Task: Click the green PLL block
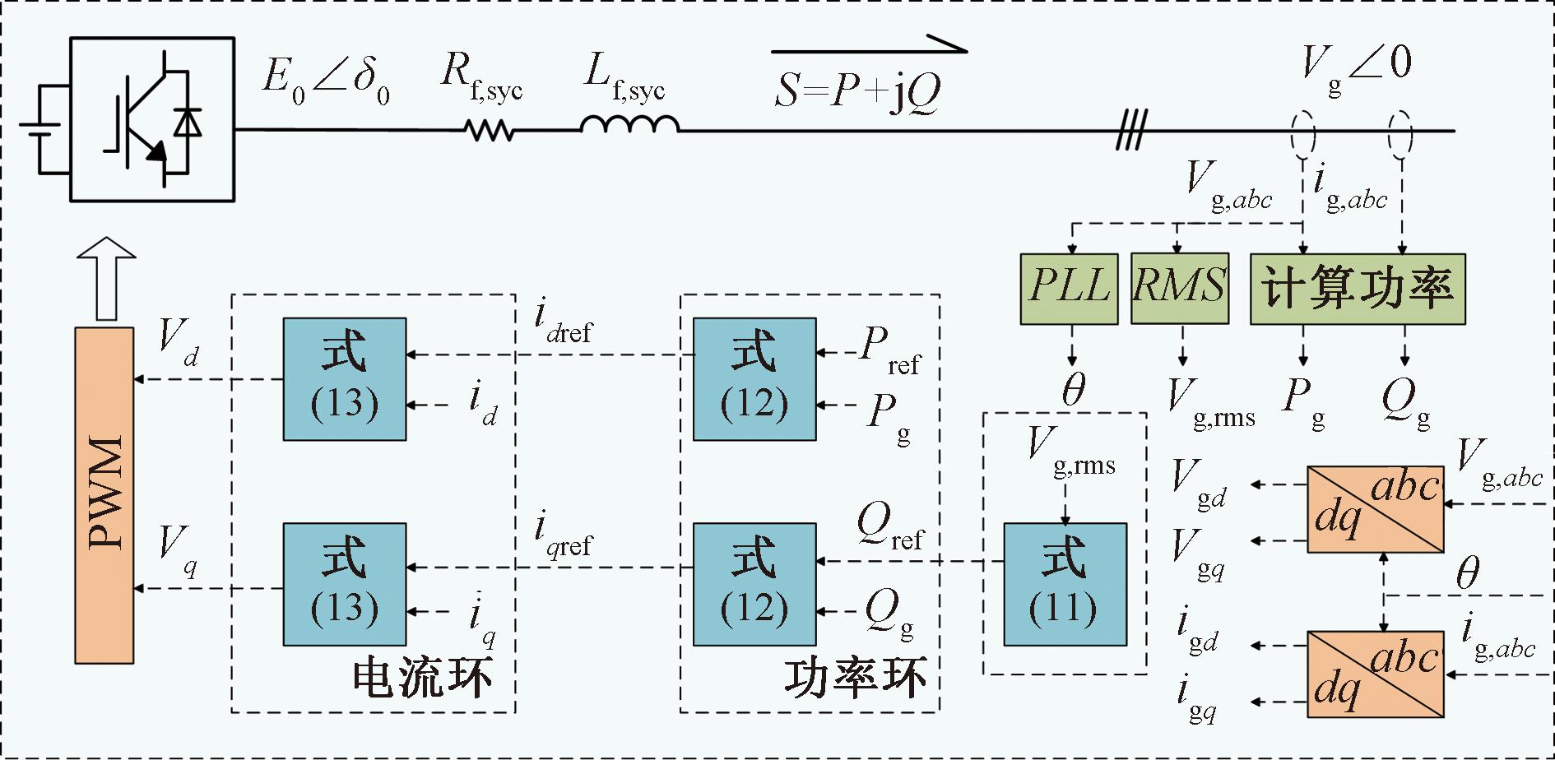click(x=1069, y=288)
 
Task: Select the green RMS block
click(x=1180, y=288)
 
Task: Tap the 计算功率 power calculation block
click(x=1358, y=288)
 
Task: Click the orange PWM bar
click(x=104, y=495)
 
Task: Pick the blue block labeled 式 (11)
click(x=1065, y=584)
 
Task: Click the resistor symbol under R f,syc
click(x=489, y=130)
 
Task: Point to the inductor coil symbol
click(x=629, y=125)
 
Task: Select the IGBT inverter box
click(x=152, y=118)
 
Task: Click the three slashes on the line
click(x=1130, y=131)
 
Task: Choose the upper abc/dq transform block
click(x=1375, y=508)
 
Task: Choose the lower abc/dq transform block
click(x=1375, y=674)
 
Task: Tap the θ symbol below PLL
click(x=1073, y=389)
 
